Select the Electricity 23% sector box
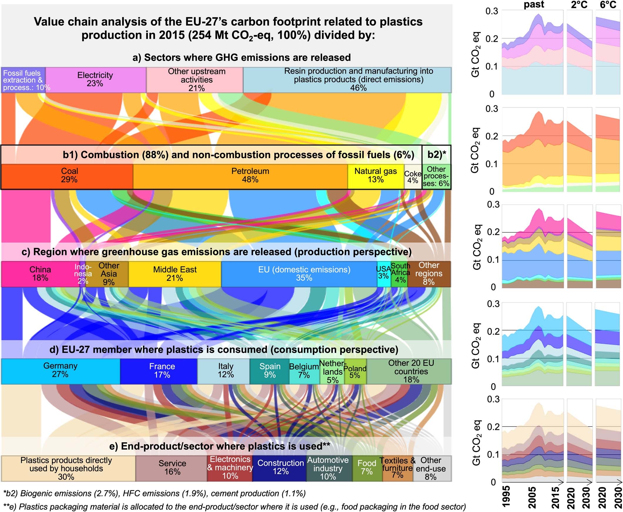coord(96,79)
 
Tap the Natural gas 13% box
coord(375,176)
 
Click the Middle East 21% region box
coord(175,274)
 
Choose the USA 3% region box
coord(383,274)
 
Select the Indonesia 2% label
coord(83,274)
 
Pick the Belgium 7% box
coord(304,371)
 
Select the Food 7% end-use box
coord(367,468)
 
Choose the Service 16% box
coord(172,468)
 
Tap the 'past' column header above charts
coord(534,5)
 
